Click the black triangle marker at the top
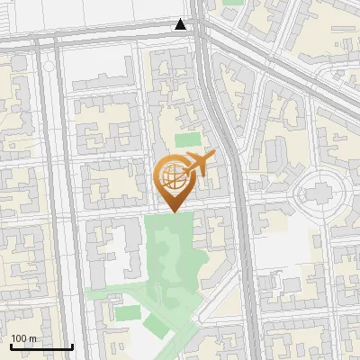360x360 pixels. tap(181, 25)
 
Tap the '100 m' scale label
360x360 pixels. tap(23, 338)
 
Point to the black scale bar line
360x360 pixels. tap(41, 346)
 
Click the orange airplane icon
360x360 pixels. tap(200, 165)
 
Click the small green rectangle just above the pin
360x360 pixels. tap(187, 139)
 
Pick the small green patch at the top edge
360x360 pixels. tap(233, 3)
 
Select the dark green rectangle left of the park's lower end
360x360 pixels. tap(128, 312)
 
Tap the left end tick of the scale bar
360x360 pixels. tap(11, 346)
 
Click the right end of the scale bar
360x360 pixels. tap(72, 346)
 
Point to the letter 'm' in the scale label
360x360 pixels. tap(32, 338)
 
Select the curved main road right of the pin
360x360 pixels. tap(236, 180)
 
